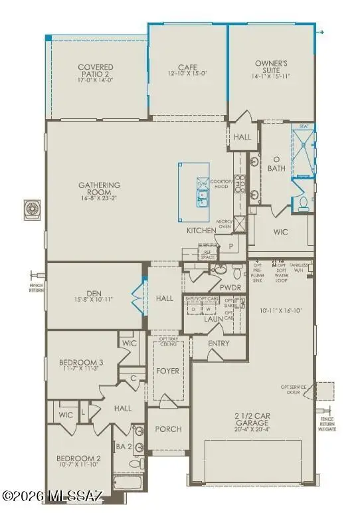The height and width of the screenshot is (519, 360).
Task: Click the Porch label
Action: pos(169,429)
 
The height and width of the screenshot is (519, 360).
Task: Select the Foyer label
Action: pos(167,371)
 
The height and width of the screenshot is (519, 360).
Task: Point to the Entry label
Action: pos(219,344)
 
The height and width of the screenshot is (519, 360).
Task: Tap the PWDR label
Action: pos(238,288)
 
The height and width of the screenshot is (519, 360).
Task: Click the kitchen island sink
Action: pos(201,196)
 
